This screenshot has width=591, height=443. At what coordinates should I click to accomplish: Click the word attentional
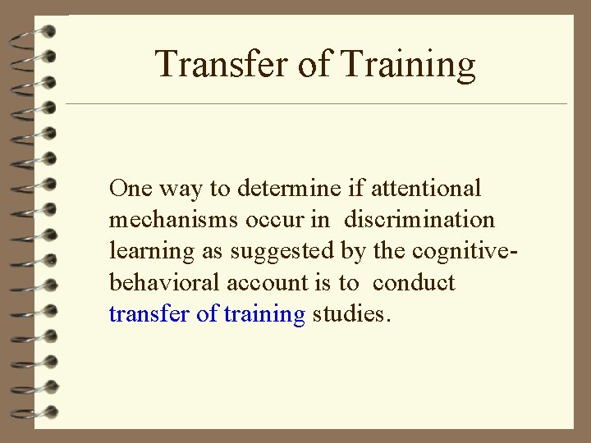pyautogui.click(x=427, y=189)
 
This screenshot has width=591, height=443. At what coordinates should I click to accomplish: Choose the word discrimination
pyautogui.click(x=419, y=220)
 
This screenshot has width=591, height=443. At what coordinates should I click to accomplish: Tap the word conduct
pyautogui.click(x=413, y=282)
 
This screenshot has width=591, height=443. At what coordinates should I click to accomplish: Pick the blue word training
pyautogui.click(x=263, y=314)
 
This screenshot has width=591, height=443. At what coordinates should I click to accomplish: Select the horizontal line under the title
pyautogui.click(x=316, y=104)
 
